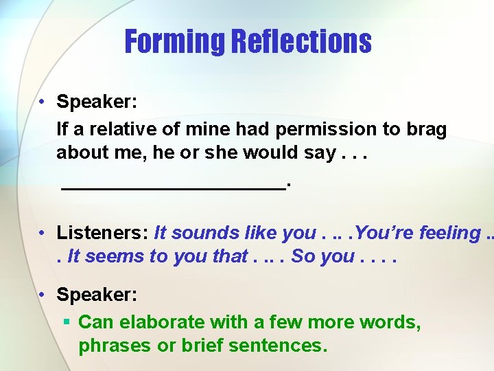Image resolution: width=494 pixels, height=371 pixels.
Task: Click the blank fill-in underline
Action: click(x=174, y=185)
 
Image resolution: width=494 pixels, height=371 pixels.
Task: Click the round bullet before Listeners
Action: click(x=43, y=234)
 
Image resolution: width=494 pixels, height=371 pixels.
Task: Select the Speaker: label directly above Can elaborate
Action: click(x=97, y=295)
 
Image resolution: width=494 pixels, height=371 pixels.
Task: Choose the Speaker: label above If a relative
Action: click(x=97, y=102)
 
